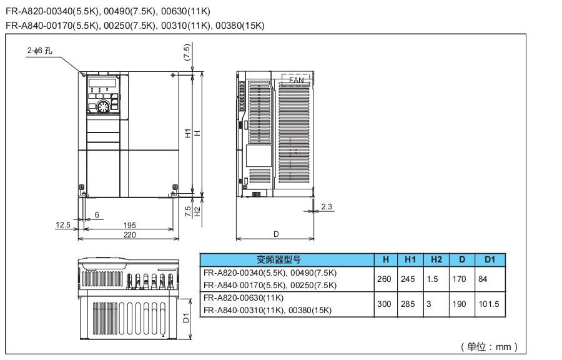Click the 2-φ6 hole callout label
click(x=39, y=51)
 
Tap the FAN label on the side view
click(x=296, y=80)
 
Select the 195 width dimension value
click(x=129, y=225)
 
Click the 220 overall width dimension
click(x=129, y=234)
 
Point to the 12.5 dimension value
click(x=62, y=225)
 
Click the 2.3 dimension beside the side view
click(x=327, y=206)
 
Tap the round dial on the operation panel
click(x=103, y=107)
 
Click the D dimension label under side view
click(x=276, y=234)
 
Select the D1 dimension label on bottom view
click(x=185, y=317)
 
